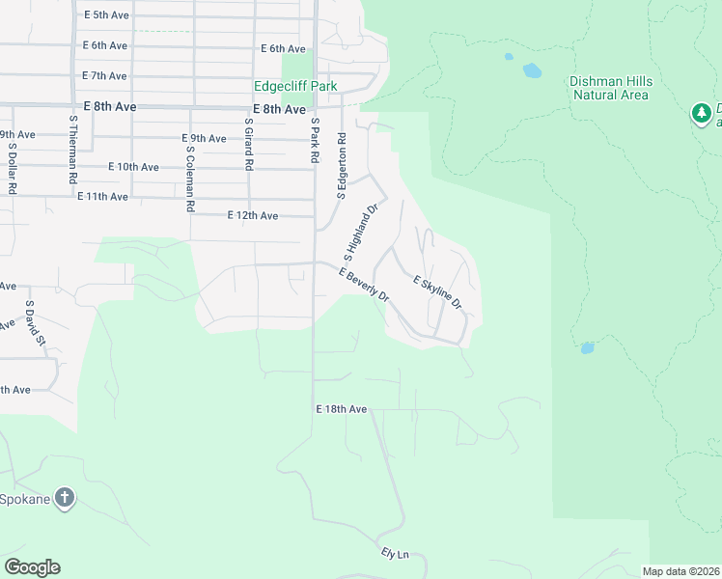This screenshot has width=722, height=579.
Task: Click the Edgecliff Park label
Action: [x=295, y=87]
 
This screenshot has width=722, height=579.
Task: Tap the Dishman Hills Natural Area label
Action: [x=611, y=89]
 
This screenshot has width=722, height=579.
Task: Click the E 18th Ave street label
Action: [x=342, y=409]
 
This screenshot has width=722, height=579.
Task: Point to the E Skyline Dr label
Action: [x=438, y=293]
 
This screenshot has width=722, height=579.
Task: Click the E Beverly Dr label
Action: [x=364, y=285]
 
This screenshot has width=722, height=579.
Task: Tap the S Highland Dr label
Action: [x=360, y=232]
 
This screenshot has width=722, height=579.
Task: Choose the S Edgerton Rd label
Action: [x=341, y=165]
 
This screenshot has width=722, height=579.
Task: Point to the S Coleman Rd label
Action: [x=191, y=179]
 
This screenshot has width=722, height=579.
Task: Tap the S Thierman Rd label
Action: [x=72, y=151]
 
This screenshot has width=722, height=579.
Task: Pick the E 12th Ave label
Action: [x=253, y=215]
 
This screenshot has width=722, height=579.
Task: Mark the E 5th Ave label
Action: [x=105, y=15]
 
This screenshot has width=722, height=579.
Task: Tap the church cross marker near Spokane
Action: [x=65, y=498]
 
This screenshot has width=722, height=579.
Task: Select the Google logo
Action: [x=32, y=567]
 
